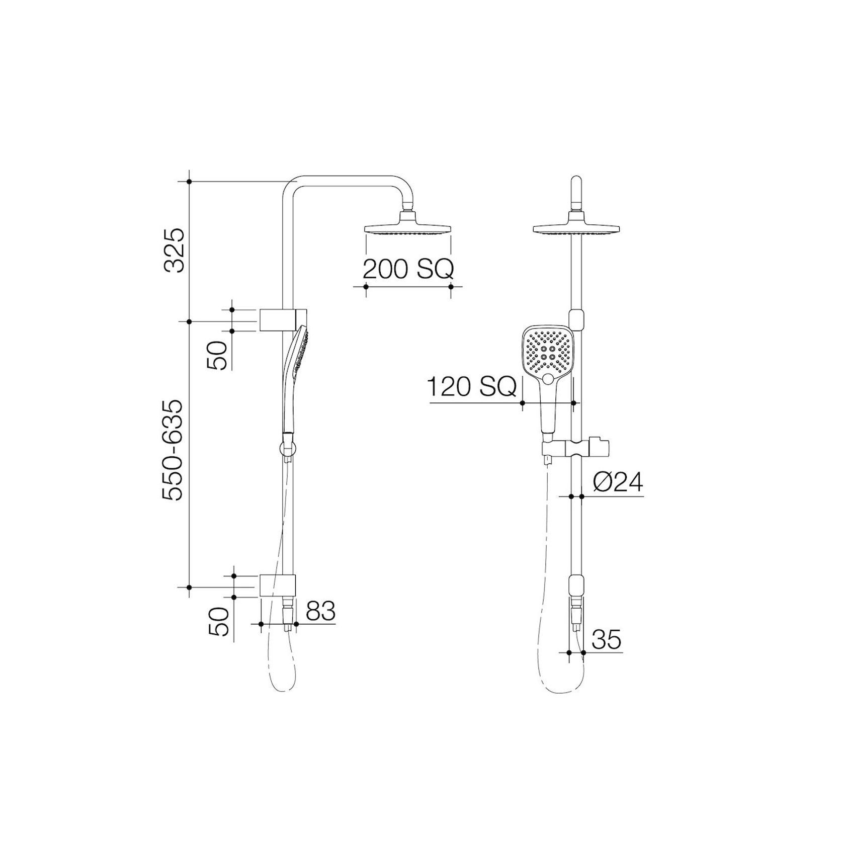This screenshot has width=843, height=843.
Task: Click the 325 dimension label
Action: [x=177, y=250]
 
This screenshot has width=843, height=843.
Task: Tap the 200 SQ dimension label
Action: [x=407, y=270]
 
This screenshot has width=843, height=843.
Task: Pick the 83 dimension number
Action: [x=320, y=612]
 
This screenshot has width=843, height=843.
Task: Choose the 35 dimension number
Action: [x=606, y=640]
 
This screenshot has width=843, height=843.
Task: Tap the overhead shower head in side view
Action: [x=407, y=227]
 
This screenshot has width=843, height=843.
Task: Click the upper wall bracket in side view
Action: [x=277, y=320]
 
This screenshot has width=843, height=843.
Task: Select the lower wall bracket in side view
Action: [x=277, y=586]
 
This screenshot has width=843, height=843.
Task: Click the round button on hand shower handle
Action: [x=549, y=378]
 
